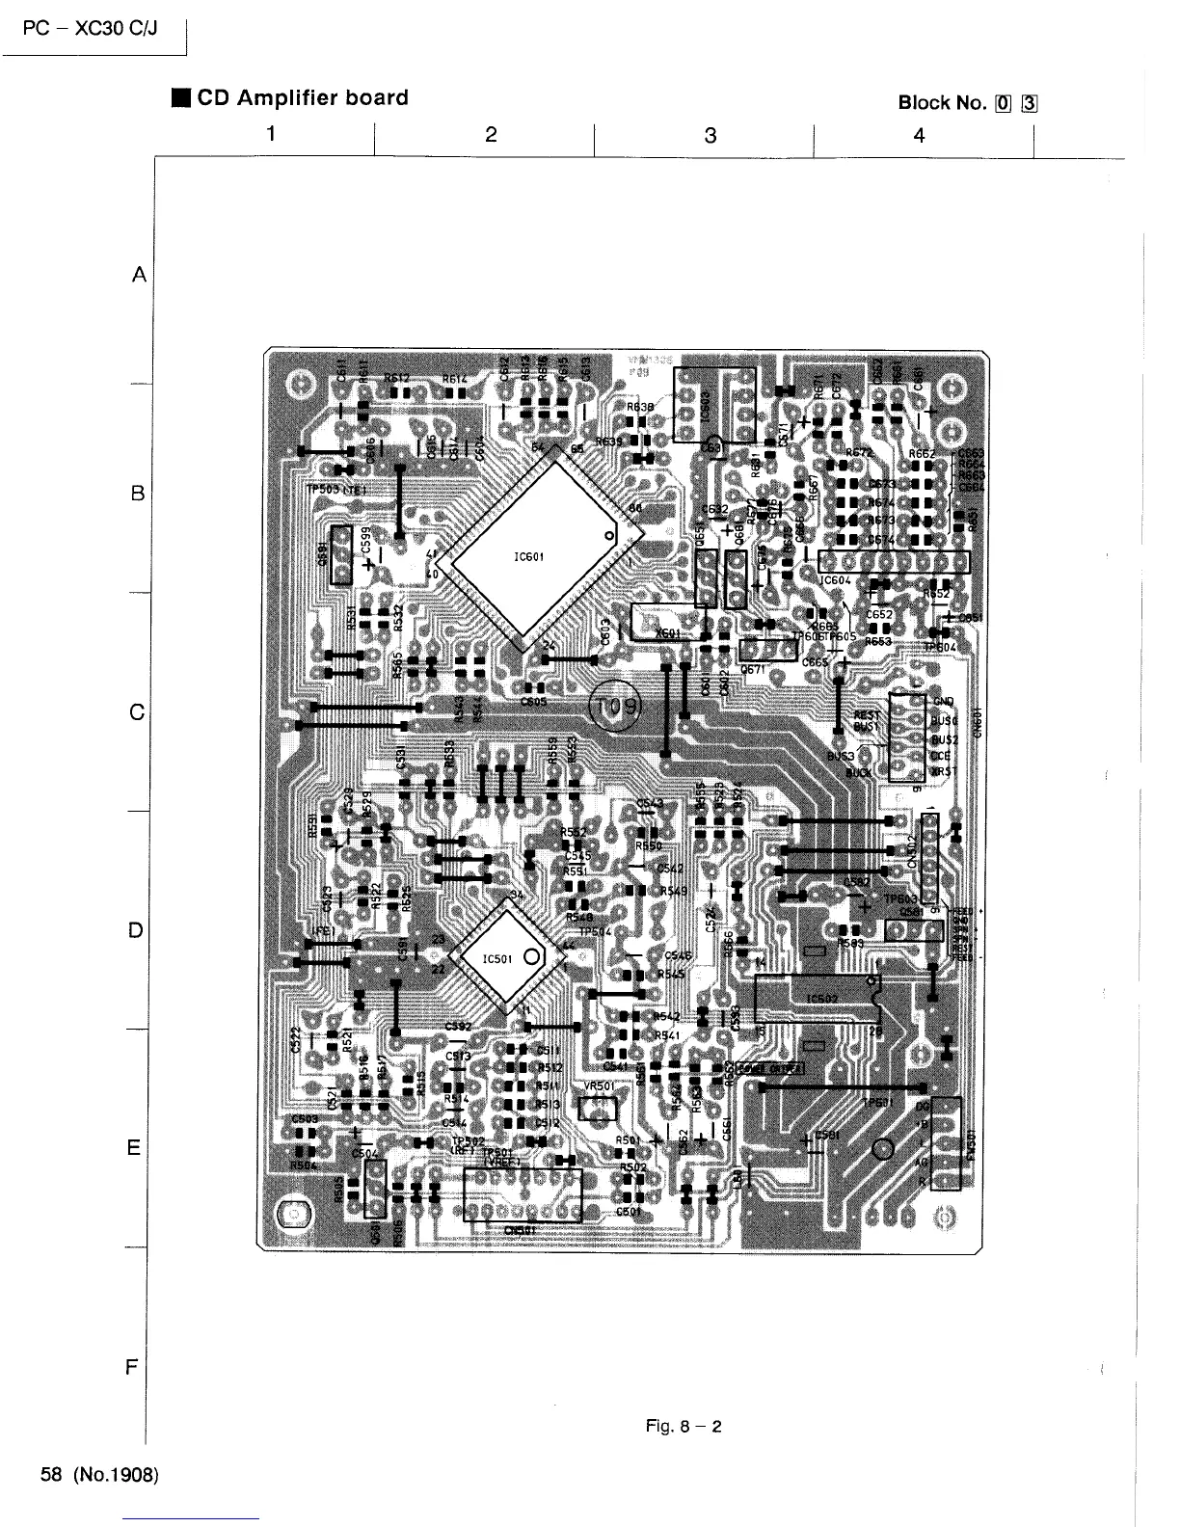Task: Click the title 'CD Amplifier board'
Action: pyautogui.click(x=302, y=98)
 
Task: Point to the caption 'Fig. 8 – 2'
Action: pyautogui.click(x=684, y=1427)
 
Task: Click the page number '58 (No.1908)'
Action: pyautogui.click(x=99, y=1475)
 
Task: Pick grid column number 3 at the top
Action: pyautogui.click(x=711, y=136)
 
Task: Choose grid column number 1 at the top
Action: pyautogui.click(x=273, y=133)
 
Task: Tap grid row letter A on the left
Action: pyautogui.click(x=138, y=276)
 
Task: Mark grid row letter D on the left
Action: pyautogui.click(x=137, y=930)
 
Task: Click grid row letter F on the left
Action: pyautogui.click(x=134, y=1367)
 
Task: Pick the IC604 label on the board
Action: pyautogui.click(x=835, y=580)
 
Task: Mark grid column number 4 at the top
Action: pyautogui.click(x=919, y=136)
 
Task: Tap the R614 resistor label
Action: pyautogui.click(x=455, y=379)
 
